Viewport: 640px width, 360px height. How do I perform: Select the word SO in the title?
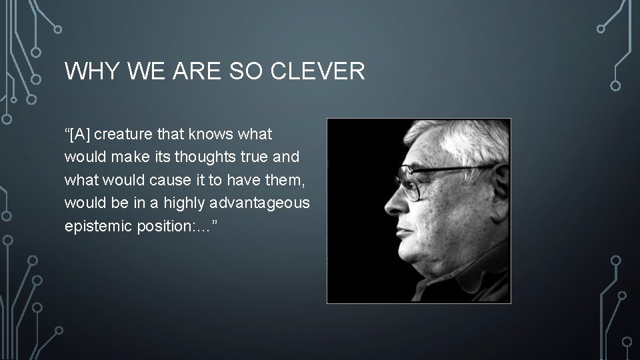[x=254, y=70]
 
